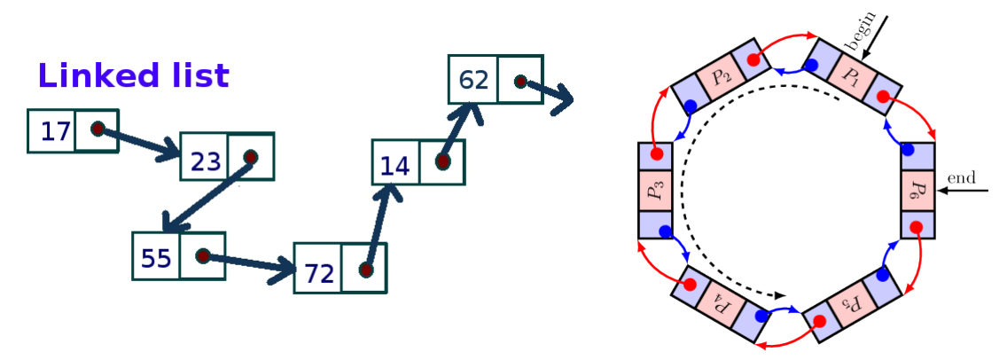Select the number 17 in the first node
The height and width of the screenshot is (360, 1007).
[55, 132]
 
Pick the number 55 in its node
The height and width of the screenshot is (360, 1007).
[156, 258]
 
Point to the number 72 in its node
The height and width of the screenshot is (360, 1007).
[318, 274]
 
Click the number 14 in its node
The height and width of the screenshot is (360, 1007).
[394, 166]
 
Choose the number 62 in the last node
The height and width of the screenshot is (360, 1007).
[473, 81]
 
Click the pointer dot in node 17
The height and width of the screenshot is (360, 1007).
[98, 129]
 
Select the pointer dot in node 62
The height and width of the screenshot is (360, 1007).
[521, 82]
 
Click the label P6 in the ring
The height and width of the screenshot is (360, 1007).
[917, 189]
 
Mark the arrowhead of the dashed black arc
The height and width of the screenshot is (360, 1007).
[780, 294]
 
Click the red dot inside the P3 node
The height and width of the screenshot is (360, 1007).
[656, 155]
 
